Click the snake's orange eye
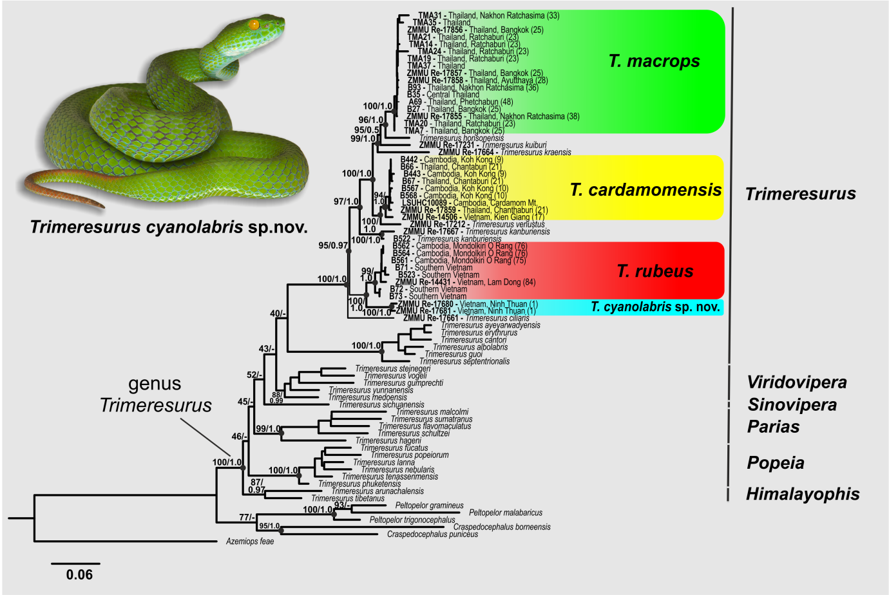(x=254, y=24)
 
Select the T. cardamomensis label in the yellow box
(x=645, y=190)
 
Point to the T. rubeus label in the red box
(x=655, y=271)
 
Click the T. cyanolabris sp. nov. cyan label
(x=655, y=307)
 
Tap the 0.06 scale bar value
(x=79, y=574)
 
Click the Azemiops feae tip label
(x=250, y=542)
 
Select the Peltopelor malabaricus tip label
(x=506, y=513)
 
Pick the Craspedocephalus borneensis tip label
(x=502, y=527)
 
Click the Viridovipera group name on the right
(x=797, y=382)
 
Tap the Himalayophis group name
(x=803, y=494)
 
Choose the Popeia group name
(x=776, y=463)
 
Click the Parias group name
(x=773, y=426)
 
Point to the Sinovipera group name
(x=792, y=405)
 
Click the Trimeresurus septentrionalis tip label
(x=464, y=361)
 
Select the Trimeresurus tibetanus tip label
(x=348, y=498)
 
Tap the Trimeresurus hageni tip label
(x=388, y=440)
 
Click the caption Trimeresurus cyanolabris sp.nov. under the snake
(x=169, y=227)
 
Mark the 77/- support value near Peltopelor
(x=247, y=517)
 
